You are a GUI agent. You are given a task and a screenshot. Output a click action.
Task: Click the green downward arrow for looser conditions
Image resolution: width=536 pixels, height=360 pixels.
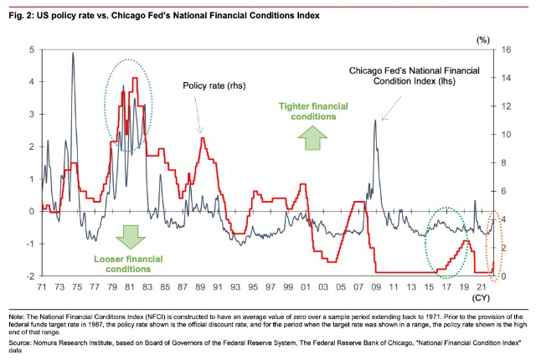129,238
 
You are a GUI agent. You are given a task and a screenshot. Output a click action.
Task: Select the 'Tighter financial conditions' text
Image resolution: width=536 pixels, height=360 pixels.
312,111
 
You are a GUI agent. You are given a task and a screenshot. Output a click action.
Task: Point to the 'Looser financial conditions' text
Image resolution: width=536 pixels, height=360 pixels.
131,263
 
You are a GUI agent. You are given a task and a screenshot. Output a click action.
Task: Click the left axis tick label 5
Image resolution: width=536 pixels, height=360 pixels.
33,50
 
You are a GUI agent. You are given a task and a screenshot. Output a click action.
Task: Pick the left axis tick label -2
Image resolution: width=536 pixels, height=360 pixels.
31,275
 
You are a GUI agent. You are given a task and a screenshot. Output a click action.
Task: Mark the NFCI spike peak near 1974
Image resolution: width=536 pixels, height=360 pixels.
73,53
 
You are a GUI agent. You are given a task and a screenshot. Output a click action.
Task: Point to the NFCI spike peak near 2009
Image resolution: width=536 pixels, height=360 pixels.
375,121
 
